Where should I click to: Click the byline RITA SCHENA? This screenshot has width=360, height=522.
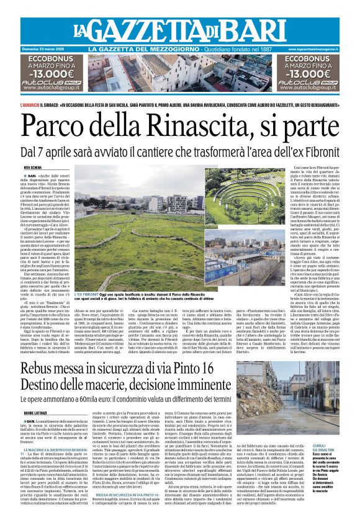32,168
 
